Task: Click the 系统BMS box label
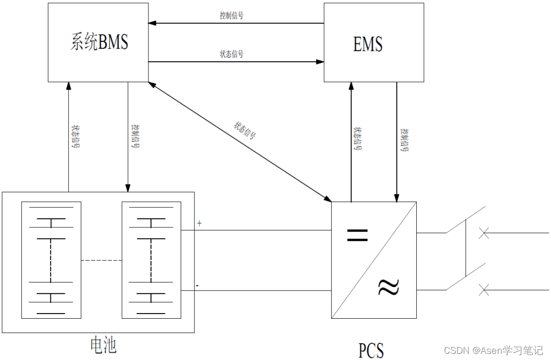[99, 43]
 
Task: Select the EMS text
[367, 44]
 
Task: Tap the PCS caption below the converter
[371, 351]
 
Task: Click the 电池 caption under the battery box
[103, 345]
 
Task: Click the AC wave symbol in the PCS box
[388, 288]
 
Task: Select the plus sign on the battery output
[199, 223]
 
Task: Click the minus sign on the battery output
[197, 286]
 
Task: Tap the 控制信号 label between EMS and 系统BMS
[231, 16]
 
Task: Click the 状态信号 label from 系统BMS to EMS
[231, 54]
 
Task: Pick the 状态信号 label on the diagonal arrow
[245, 131]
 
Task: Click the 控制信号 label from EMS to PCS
[405, 140]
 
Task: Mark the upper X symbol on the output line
[484, 233]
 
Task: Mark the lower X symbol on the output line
[484, 290]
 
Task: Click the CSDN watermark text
[493, 350]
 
